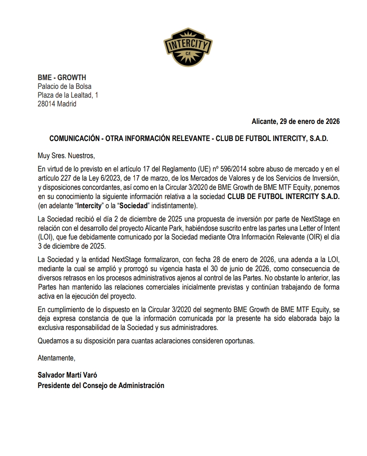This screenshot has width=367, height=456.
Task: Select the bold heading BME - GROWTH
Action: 62,78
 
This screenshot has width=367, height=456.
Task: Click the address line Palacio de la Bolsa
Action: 64,86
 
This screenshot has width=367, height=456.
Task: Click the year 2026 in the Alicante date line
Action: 332,121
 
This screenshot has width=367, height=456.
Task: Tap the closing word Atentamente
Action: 56,358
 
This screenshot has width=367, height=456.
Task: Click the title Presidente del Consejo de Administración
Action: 101,385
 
